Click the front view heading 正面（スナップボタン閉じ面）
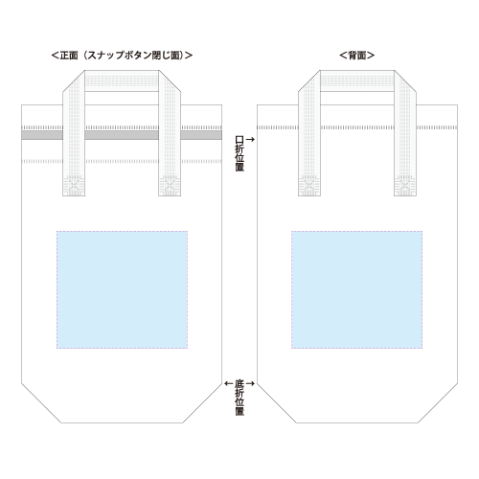(x=122, y=56)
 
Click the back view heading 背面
(x=356, y=56)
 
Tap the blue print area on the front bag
(x=122, y=289)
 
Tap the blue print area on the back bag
(x=356, y=289)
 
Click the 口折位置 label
(x=239, y=153)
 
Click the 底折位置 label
(x=239, y=398)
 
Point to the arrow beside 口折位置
(x=250, y=139)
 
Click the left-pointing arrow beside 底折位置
(x=229, y=383)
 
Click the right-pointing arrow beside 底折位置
(x=250, y=383)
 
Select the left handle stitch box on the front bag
(x=74, y=186)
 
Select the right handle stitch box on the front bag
(x=170, y=186)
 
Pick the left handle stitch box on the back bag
(x=309, y=186)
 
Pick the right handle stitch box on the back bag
(x=405, y=186)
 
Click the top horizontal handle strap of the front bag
(x=122, y=81)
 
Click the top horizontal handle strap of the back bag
(x=357, y=81)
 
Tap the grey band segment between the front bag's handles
(x=122, y=135)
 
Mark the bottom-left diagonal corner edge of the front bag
(x=41, y=403)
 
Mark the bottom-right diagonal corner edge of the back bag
(x=438, y=403)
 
